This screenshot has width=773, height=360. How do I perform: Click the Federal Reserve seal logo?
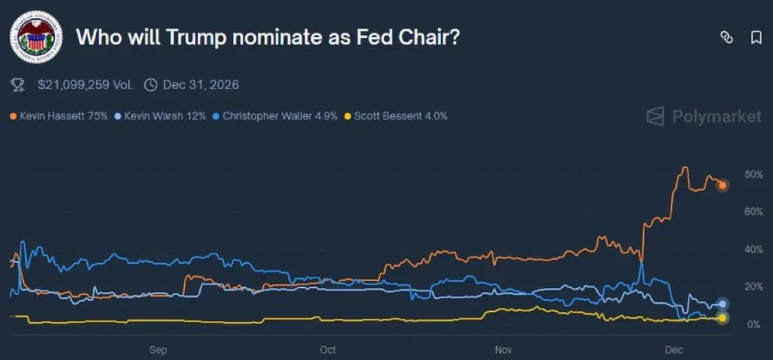(36, 37)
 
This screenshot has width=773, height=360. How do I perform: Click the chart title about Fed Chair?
(267, 37)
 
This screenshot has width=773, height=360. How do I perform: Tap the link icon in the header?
(726, 38)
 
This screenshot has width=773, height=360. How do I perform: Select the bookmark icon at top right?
(756, 38)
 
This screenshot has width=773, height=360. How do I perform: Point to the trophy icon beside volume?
(19, 85)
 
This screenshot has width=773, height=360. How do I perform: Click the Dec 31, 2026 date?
(201, 85)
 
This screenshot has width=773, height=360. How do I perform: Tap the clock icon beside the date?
(150, 85)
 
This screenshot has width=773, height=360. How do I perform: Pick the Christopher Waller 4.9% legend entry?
(275, 116)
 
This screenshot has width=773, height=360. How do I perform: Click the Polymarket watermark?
(704, 116)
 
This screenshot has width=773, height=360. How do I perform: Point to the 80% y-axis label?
(754, 175)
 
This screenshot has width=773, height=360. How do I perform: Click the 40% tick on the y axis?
(754, 249)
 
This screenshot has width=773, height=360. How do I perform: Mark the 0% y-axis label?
(754, 324)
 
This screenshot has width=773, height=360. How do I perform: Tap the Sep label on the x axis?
(158, 350)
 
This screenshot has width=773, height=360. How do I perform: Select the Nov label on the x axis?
(503, 350)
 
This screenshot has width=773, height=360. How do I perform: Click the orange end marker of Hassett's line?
(722, 185)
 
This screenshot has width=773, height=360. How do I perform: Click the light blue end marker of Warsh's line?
(722, 304)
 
